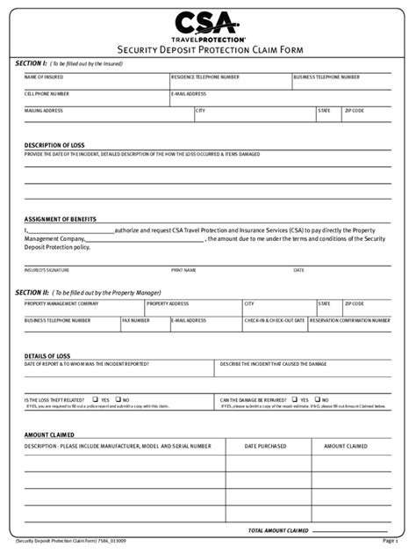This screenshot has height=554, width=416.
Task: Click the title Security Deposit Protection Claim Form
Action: tap(208, 51)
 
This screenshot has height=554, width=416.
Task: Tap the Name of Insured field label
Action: tap(43, 77)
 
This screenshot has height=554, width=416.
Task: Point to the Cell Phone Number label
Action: tap(47, 93)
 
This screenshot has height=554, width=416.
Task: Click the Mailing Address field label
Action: tap(44, 111)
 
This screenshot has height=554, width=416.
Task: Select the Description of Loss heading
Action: tap(54, 145)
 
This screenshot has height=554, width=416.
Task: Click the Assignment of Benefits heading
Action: tap(61, 219)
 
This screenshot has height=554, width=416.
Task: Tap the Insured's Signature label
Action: tap(47, 270)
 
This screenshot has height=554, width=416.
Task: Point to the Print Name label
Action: tap(183, 270)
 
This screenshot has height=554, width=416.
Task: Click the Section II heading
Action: tap(36, 291)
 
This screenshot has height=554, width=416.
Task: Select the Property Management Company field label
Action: tap(61, 303)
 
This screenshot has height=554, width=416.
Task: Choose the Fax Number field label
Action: tap(136, 321)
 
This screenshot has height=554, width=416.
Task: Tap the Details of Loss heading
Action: tap(47, 355)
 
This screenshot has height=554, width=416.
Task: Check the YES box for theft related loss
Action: tap(95, 399)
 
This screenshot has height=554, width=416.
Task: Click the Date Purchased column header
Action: tap(265, 446)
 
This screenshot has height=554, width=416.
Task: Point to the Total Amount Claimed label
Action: tap(278, 530)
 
